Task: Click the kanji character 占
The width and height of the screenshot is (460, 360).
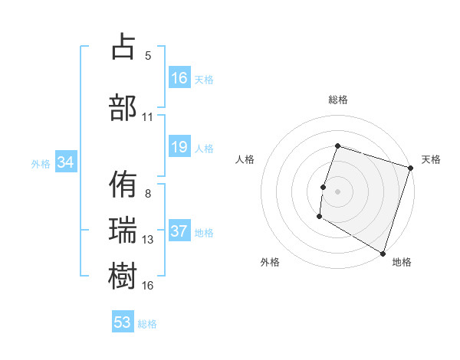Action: pyautogui.click(x=123, y=47)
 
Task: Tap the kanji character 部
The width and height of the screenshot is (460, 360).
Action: pyautogui.click(x=123, y=108)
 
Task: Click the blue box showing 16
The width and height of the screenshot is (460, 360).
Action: pyautogui.click(x=179, y=78)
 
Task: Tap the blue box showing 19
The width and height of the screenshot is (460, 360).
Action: pyautogui.click(x=179, y=147)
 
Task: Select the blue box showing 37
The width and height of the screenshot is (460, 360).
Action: pyautogui.click(x=179, y=231)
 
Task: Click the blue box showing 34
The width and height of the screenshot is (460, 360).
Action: pyautogui.click(x=66, y=162)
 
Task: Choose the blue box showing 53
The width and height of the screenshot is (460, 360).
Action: pyautogui.click(x=123, y=322)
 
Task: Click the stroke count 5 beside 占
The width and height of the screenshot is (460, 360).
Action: pyautogui.click(x=148, y=55)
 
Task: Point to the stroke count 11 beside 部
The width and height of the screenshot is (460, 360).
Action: pyautogui.click(x=148, y=116)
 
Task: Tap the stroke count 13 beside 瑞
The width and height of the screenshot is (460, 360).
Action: pyautogui.click(x=148, y=240)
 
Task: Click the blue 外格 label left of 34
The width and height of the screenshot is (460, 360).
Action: pyautogui.click(x=41, y=163)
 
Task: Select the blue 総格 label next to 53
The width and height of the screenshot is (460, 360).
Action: pyautogui.click(x=147, y=323)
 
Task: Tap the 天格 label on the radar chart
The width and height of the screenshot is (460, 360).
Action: pyautogui.click(x=431, y=159)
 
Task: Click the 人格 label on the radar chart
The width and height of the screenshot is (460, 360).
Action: pyautogui.click(x=245, y=159)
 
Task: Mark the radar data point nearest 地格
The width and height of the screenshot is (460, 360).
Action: pyautogui.click(x=383, y=253)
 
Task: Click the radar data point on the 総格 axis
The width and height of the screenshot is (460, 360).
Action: pyautogui.click(x=337, y=146)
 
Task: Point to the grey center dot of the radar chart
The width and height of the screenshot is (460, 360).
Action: pyautogui.click(x=337, y=191)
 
